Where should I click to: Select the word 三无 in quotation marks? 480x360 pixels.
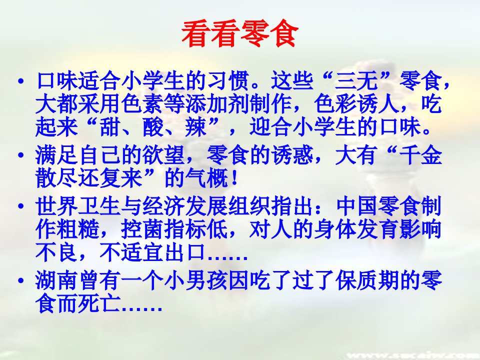356,81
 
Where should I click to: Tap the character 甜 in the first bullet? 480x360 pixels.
109,126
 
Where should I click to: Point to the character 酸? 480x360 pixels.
153,126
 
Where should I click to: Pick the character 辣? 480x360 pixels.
196,126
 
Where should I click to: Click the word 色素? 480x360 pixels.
141,104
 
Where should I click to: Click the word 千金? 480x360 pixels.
421,155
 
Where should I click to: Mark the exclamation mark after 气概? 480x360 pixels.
235,178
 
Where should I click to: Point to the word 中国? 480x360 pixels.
357,206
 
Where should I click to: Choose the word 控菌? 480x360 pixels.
141,229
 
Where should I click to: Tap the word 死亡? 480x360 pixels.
99,303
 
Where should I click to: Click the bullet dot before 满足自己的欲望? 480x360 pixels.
21,155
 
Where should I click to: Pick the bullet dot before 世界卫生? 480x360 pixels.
21,206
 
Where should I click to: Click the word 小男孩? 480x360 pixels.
195,280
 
